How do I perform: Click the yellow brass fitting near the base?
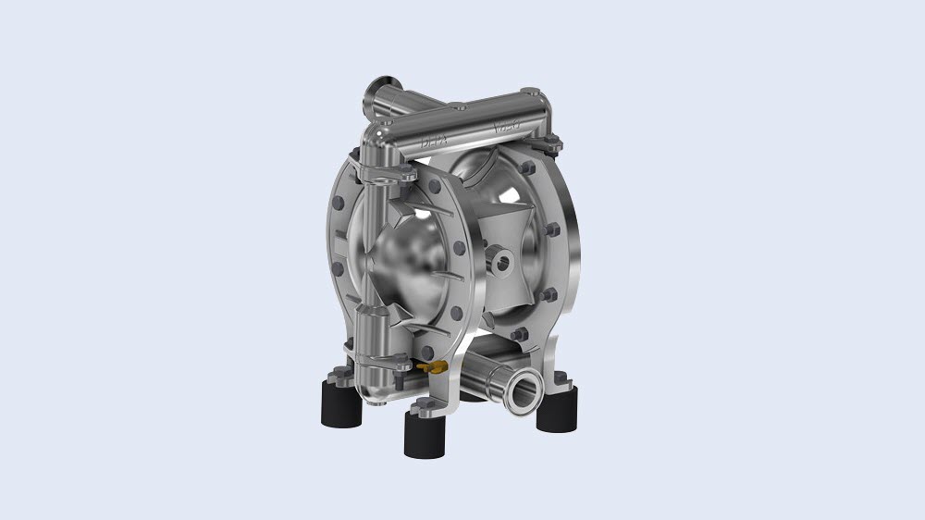pos(428,368)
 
